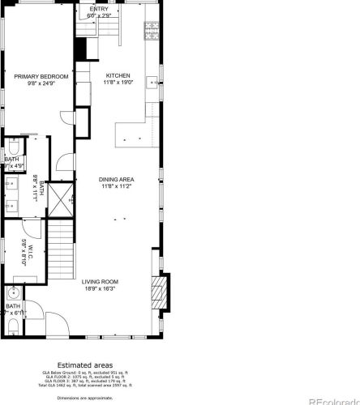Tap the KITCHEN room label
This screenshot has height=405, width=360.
117,76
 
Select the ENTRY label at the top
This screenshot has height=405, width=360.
110,9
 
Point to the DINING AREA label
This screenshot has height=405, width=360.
117,179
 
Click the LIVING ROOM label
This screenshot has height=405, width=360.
100,282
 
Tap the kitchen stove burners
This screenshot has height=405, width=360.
151,32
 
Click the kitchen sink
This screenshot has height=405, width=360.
151,83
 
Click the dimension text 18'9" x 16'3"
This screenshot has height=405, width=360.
100,288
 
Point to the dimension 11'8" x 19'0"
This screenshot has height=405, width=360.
117,83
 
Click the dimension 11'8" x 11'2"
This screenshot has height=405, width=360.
117,186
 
